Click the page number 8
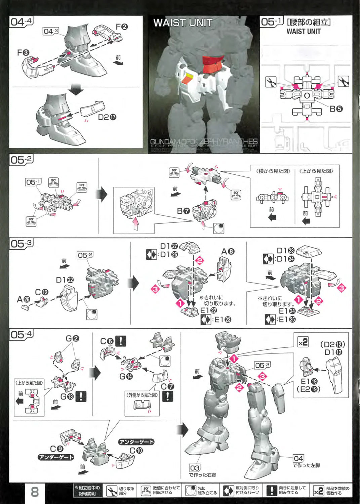tap(35, 493)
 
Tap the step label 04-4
tap(21, 22)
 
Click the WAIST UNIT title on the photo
tap(183, 23)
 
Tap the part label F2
tap(122, 27)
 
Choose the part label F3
tap(23, 53)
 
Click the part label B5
tap(336, 109)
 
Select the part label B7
tap(184, 211)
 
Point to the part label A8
tap(228, 251)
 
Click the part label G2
tap(72, 338)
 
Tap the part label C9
tap(56, 449)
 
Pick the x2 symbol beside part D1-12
tap(303, 342)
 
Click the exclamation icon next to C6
tap(120, 341)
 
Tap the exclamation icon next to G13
tap(81, 396)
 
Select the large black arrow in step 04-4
tap(77, 90)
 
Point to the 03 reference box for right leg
tap(195, 468)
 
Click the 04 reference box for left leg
tap(298, 458)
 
